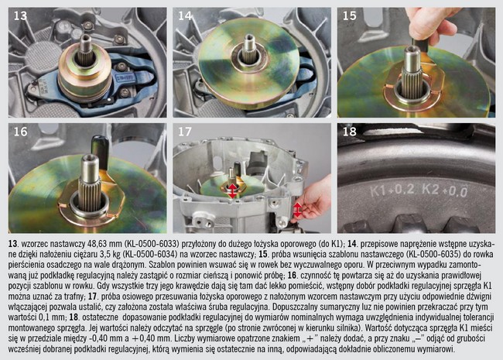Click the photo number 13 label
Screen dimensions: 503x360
20,15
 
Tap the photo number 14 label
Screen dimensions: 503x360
185,15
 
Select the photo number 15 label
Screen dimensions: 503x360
349,15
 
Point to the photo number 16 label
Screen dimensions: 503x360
20,132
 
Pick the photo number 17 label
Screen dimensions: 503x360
185,132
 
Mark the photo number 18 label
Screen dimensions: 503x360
349,132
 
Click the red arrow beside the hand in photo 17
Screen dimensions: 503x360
297,210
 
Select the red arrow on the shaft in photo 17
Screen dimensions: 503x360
232,191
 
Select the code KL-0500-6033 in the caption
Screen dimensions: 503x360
152,244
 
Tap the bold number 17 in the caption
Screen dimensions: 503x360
92,297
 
